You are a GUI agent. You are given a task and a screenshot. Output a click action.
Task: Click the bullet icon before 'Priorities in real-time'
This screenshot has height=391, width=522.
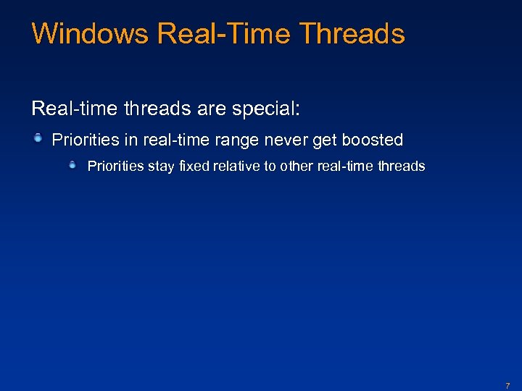[38, 138]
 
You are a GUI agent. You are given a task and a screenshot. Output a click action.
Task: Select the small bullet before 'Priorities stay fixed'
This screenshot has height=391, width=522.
[73, 165]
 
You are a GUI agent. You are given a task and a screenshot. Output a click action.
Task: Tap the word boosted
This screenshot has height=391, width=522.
[373, 139]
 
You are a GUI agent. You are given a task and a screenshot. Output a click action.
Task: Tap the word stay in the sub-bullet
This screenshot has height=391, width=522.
[155, 166]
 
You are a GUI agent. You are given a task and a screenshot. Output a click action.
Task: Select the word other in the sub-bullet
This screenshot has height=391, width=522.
[293, 166]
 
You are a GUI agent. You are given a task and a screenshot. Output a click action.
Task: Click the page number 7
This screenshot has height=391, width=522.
[507, 386]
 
